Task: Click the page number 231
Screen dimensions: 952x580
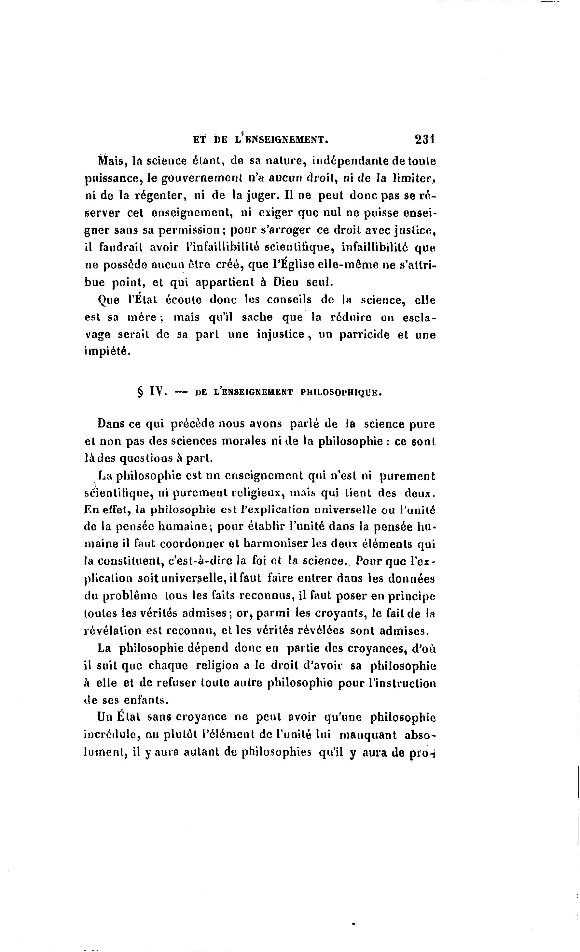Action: [x=425, y=139]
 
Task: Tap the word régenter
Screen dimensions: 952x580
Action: [x=160, y=195]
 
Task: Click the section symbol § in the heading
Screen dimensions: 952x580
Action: [x=140, y=393]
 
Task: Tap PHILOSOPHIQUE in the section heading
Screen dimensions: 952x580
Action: [x=341, y=393]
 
